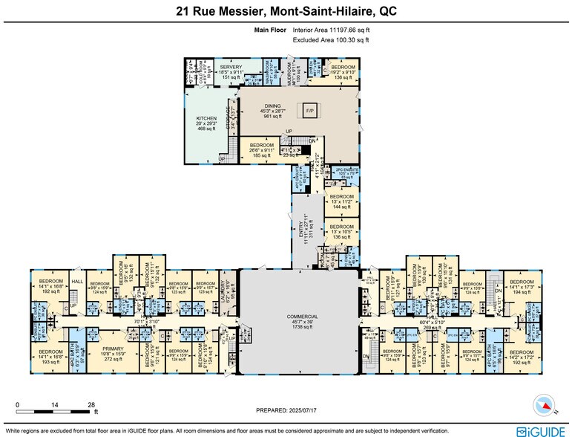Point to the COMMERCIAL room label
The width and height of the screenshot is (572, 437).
pyautogui.click(x=302, y=316)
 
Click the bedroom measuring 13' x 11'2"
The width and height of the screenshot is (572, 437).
pyautogui.click(x=343, y=201)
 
